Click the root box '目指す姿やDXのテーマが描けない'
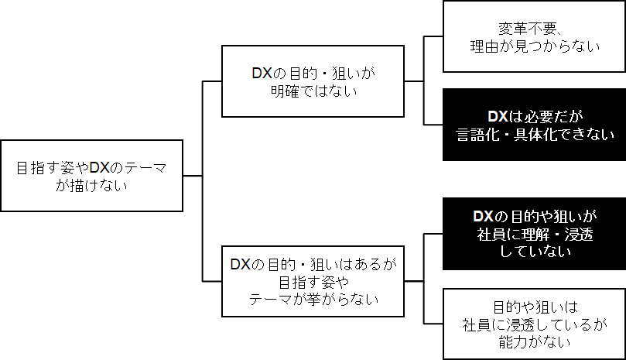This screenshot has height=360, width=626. pyautogui.click(x=91, y=176)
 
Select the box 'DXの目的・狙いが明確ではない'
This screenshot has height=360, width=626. pyautogui.click(x=313, y=81)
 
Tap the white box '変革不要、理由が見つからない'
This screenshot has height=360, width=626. pyautogui.click(x=534, y=36)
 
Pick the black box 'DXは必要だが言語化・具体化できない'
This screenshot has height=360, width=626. pyautogui.click(x=534, y=125)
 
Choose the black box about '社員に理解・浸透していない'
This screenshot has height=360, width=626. pyautogui.click(x=534, y=234)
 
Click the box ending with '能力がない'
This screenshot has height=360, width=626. pyautogui.click(x=534, y=324)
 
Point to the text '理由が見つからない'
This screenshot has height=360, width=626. pyautogui.click(x=535, y=46)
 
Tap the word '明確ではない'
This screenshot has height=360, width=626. pyautogui.click(x=313, y=91)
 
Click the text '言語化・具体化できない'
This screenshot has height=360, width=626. pyautogui.click(x=535, y=134)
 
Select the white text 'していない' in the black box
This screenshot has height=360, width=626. pyautogui.click(x=535, y=252)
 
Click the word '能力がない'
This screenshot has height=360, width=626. pyautogui.click(x=535, y=341)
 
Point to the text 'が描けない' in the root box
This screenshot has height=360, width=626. pyautogui.click(x=91, y=185)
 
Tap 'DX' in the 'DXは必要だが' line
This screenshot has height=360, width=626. pyautogui.click(x=497, y=116)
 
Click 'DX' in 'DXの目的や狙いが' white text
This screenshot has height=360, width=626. pyautogui.click(x=483, y=216)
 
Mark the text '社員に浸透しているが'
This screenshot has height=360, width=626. pyautogui.click(x=535, y=324)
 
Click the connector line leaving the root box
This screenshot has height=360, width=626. pyautogui.click(x=193, y=177)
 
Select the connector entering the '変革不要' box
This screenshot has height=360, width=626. pyautogui.click(x=433, y=36)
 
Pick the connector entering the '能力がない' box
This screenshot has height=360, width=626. pyautogui.click(x=433, y=324)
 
